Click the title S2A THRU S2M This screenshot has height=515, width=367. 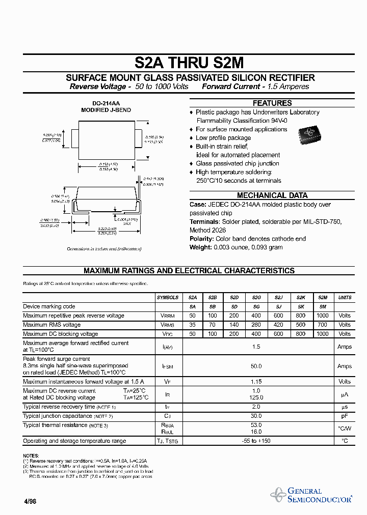pyautogui.click(x=189, y=63)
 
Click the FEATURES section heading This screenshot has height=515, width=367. pyautogui.click(x=272, y=103)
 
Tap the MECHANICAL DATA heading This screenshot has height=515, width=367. pyautogui.click(x=272, y=195)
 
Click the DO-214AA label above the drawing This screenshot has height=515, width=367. pyautogui.click(x=106, y=103)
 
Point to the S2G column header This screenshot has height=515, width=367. pyautogui.click(x=256, y=297)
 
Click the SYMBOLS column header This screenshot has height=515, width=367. pyautogui.click(x=168, y=297)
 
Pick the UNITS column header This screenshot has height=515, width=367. pyautogui.click(x=345, y=297)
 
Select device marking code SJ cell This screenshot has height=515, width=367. pyautogui.click(x=278, y=306)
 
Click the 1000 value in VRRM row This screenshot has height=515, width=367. pyautogui.click(x=323, y=316)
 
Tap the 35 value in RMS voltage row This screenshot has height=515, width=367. pyautogui.click(x=192, y=325)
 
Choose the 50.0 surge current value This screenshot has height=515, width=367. pyautogui.click(x=256, y=366)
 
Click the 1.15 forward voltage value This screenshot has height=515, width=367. pyautogui.click(x=256, y=381)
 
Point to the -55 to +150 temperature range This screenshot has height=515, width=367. pyautogui.click(x=256, y=441)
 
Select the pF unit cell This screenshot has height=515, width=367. pyautogui.click(x=345, y=416)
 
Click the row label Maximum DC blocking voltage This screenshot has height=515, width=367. pyautogui.click(x=61, y=334)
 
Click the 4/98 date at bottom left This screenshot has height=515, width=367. pyautogui.click(x=30, y=501)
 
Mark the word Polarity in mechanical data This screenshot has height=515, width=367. pyautogui.click(x=201, y=239)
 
